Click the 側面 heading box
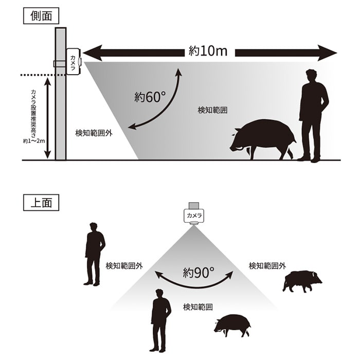coord(41,15)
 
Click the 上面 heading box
coord(41,202)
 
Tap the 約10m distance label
coord(208,52)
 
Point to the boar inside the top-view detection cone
coord(232,325)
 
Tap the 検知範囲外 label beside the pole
coord(94,133)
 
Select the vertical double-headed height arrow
coord(47,118)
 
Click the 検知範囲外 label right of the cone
coord(267,265)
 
